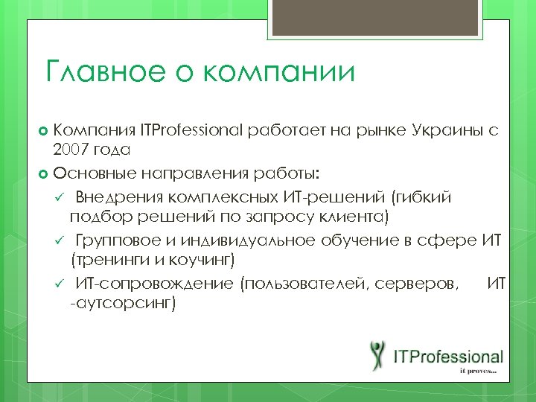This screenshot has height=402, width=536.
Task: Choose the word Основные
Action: click(94, 174)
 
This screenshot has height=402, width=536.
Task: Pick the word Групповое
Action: click(122, 240)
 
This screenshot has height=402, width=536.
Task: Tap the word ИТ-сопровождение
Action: click(153, 283)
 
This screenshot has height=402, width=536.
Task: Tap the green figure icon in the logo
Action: click(377, 356)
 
